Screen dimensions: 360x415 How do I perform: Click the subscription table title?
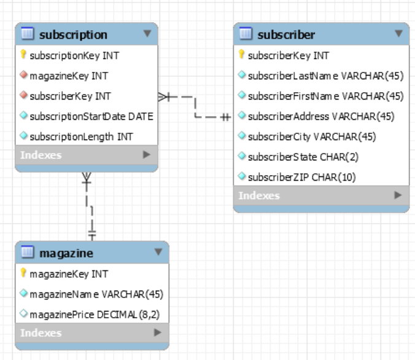(73, 34)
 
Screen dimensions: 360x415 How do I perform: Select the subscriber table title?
(286, 34)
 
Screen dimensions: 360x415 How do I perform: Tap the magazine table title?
(66, 252)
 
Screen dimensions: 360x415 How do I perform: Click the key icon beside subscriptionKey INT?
(24, 55)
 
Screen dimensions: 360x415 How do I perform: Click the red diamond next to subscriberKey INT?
(24, 96)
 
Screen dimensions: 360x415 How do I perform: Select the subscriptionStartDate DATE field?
(91, 116)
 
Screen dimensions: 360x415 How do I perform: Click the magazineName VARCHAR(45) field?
(96, 294)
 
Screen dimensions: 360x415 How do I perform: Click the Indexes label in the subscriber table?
(259, 195)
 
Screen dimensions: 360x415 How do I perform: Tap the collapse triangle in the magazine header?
(158, 252)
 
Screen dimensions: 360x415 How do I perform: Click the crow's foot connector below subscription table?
(87, 180)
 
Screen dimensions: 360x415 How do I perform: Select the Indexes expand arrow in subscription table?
(146, 155)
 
